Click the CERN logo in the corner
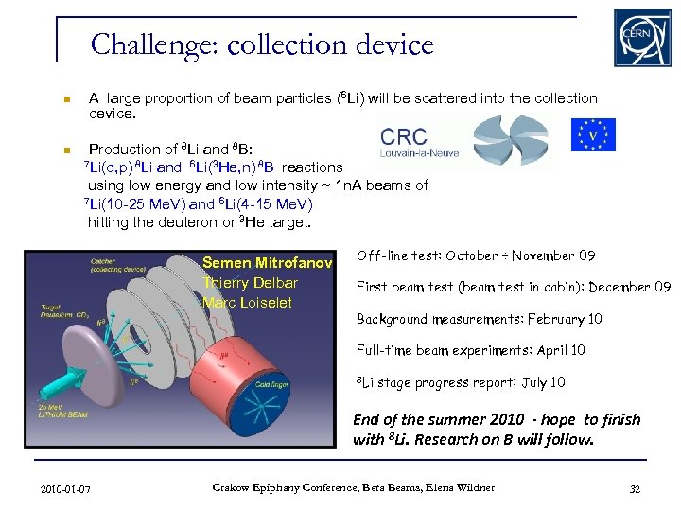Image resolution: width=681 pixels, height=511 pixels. tap(643, 38)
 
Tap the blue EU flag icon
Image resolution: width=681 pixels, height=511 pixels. tap(593, 134)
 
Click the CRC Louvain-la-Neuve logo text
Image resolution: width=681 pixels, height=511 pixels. tap(404, 141)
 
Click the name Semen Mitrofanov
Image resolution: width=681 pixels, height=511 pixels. tap(267, 264)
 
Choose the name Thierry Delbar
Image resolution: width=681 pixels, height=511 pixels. tap(250, 283)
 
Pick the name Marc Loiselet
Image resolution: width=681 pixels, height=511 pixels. tap(247, 303)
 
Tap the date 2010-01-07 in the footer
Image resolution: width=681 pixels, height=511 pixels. tap(66, 488)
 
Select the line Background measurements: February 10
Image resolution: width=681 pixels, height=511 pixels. tap(479, 319)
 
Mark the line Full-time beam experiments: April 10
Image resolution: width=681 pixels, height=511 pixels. tap(470, 350)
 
